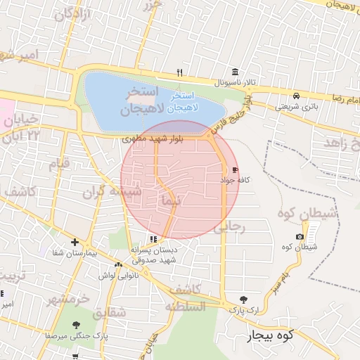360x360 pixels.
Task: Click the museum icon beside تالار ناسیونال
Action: point(234,72)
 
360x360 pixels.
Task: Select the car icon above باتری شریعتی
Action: point(297,96)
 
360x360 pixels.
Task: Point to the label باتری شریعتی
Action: point(295,107)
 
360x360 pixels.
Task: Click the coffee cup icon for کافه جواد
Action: point(234,169)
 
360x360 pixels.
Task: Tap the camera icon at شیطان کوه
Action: point(300,236)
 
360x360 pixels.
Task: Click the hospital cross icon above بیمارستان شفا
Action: point(75,243)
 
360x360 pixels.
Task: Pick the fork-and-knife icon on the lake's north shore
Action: point(180,72)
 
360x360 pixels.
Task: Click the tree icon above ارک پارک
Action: point(243,299)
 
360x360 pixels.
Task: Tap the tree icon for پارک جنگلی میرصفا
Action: point(76,324)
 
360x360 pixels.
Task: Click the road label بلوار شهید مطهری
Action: point(152,139)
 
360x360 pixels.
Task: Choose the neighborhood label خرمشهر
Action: point(69,299)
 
